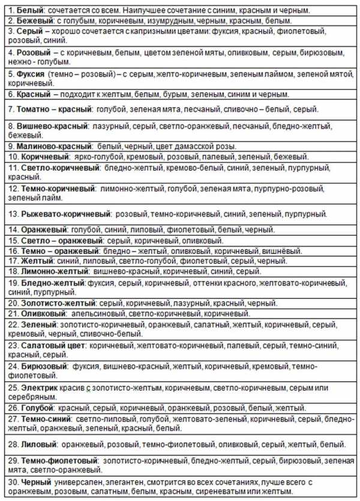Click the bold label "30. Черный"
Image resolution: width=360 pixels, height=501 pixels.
[28, 482]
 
